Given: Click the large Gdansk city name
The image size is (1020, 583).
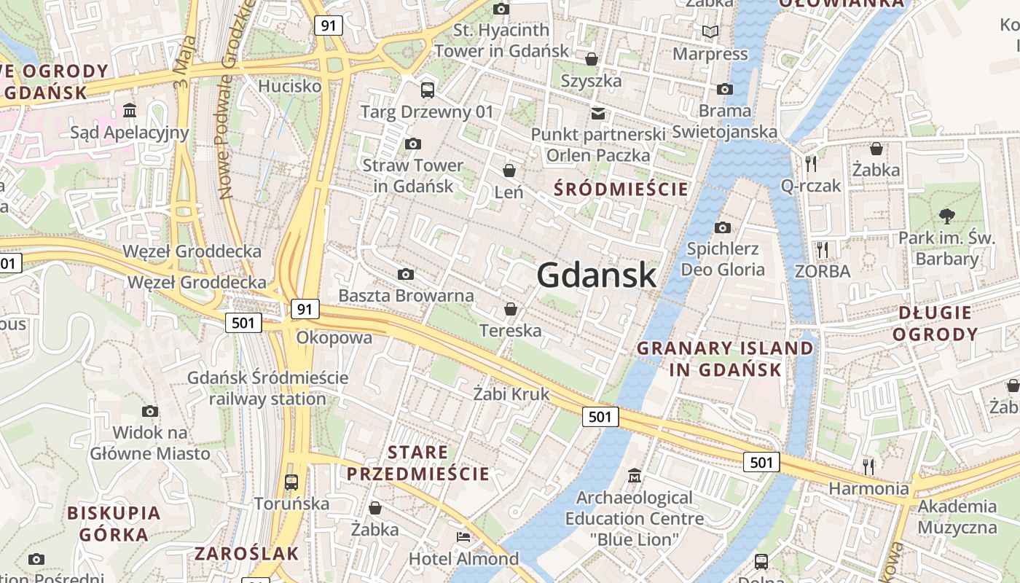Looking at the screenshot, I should (597, 275).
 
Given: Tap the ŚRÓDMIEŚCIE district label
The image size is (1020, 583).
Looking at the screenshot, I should (621, 189).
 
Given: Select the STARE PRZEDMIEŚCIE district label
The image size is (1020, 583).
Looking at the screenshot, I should (417, 463).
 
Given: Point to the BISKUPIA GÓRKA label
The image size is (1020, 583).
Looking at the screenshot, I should (114, 523).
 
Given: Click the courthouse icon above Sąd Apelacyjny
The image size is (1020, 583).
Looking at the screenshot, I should (130, 110).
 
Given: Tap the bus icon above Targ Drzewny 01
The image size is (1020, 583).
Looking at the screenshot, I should (427, 90).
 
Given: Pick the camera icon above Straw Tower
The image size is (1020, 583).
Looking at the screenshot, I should (413, 144).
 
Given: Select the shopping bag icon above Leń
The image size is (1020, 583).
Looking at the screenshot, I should (509, 171).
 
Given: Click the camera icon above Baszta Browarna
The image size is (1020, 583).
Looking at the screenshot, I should (406, 274).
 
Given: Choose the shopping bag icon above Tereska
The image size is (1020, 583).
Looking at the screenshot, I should (511, 309).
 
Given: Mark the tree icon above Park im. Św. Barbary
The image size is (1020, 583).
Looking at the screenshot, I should (946, 216).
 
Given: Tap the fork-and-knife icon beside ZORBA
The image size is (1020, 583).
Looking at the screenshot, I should (823, 250).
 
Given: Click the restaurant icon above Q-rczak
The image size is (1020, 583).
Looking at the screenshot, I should (810, 163).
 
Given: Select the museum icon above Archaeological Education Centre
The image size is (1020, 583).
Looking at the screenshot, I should (635, 475).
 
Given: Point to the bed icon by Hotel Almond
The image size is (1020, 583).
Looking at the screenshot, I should (463, 537).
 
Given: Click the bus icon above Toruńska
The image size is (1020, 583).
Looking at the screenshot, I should (291, 482).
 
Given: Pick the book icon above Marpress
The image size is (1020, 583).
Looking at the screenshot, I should (710, 32).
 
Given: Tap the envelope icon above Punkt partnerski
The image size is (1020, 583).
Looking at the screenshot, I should (598, 113).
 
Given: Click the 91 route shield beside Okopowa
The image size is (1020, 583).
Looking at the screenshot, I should (305, 309).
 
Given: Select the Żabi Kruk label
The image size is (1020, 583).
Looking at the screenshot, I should (511, 394).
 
